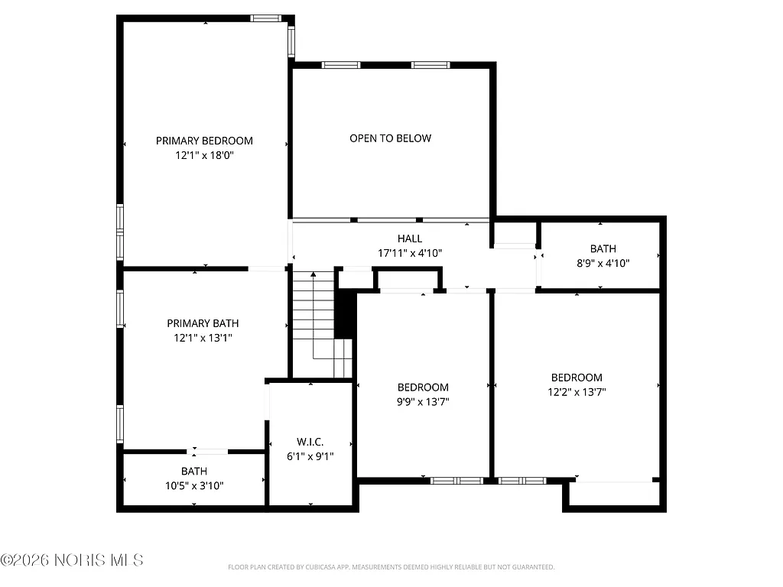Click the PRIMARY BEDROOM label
pos(204,141)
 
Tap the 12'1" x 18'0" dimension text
pos(204,155)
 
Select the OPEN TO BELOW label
pos(390,138)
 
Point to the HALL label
pos(410,238)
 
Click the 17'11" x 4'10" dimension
pos(410,253)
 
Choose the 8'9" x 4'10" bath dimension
pos(603,262)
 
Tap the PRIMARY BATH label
pos(200,323)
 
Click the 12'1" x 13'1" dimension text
pos(200,337)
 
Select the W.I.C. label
pos(310,442)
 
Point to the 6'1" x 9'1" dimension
pos(310,456)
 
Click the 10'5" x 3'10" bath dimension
pos(193,485)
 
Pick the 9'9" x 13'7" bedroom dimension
pos(423,401)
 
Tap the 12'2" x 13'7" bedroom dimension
pos(577,391)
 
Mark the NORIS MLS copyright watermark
pos(72,560)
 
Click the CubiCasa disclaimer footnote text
pos(391,567)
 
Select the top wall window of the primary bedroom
pos(266,18)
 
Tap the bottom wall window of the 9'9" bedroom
pos(456,481)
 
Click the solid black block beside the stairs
pos(346,313)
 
